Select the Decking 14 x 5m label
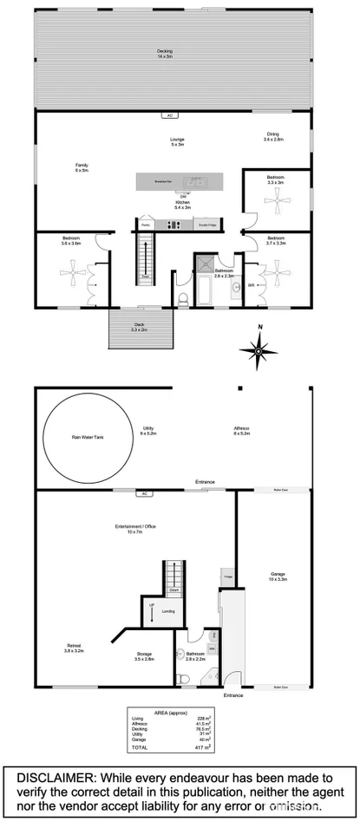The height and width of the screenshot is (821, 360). tap(165, 54)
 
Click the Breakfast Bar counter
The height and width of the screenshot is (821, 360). tap(178, 182)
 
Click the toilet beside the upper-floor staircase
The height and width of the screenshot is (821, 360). tap(183, 299)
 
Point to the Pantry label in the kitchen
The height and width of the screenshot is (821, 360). tap(145, 225)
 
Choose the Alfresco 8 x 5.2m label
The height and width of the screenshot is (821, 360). tap(241, 430)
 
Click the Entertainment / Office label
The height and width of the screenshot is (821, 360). tap(128, 530)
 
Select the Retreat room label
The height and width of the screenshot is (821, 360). tap(74, 648)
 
